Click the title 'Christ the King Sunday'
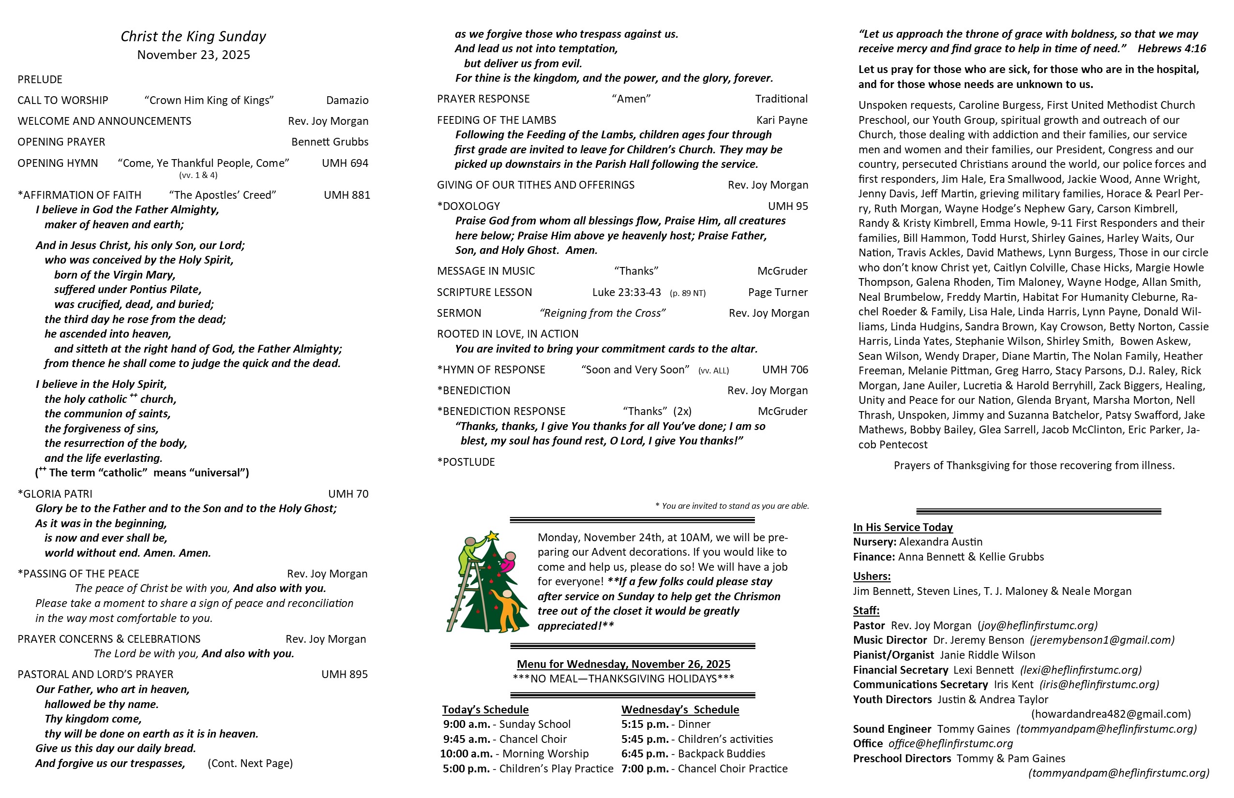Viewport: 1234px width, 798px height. (193, 36)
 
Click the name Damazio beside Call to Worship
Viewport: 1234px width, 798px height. (347, 101)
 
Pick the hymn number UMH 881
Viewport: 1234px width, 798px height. (347, 195)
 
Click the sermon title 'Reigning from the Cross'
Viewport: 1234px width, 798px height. (602, 313)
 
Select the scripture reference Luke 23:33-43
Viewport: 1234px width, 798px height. (626, 292)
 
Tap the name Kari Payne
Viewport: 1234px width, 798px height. (782, 120)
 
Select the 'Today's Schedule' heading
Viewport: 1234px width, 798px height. (485, 709)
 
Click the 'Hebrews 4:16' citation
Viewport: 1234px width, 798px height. (1172, 49)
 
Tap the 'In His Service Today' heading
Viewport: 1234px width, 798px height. (903, 528)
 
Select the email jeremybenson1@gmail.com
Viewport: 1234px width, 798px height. (1102, 640)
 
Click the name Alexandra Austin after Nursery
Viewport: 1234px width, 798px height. (941, 542)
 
